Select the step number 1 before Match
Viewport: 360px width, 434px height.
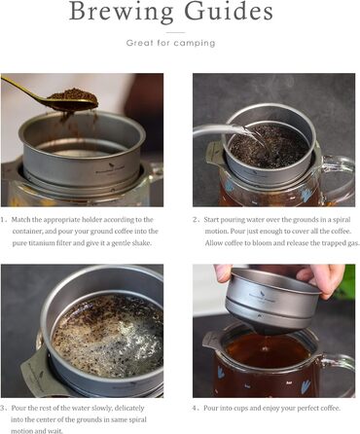click(5, 220)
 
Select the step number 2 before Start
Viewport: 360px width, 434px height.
click(196, 220)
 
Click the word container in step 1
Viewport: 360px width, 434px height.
click(27, 232)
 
